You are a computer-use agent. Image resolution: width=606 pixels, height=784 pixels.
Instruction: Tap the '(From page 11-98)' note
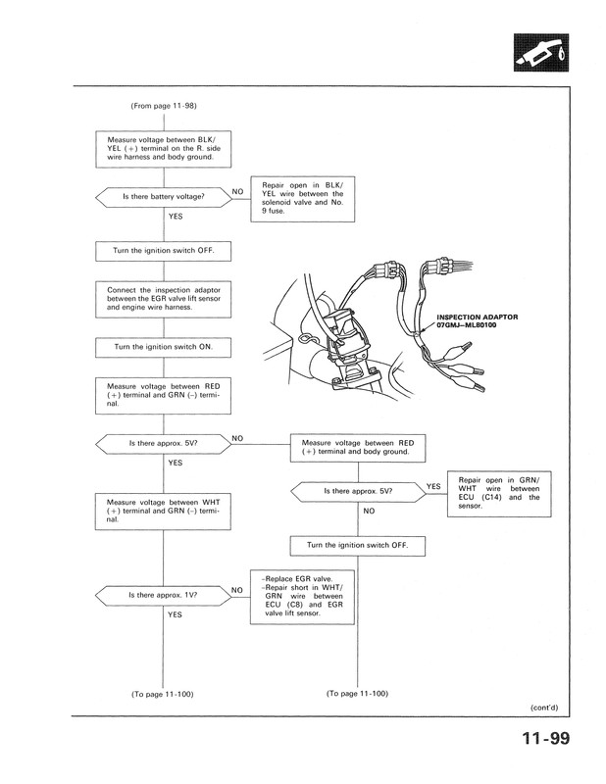[x=164, y=105]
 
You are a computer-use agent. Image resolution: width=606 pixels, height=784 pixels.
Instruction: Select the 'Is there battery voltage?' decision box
[x=163, y=197]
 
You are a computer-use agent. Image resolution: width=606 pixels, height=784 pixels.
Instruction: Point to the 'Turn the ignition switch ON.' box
[x=164, y=348]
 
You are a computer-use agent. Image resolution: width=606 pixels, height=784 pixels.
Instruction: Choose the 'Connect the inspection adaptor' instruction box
[x=164, y=298]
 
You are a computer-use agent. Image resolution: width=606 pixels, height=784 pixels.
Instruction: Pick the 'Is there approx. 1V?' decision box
[x=163, y=595]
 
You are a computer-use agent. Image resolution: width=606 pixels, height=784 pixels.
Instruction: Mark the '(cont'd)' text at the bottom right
[x=544, y=707]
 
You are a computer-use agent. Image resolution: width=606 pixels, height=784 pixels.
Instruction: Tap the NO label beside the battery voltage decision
[x=238, y=190]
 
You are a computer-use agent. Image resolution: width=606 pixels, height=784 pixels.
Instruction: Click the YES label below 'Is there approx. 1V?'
[x=175, y=614]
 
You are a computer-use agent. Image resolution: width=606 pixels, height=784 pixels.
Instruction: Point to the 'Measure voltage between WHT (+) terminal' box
[x=164, y=510]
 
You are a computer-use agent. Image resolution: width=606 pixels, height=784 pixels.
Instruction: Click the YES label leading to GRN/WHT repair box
[x=432, y=485]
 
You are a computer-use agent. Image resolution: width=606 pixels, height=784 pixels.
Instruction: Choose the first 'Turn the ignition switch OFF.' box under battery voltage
[x=164, y=252]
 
